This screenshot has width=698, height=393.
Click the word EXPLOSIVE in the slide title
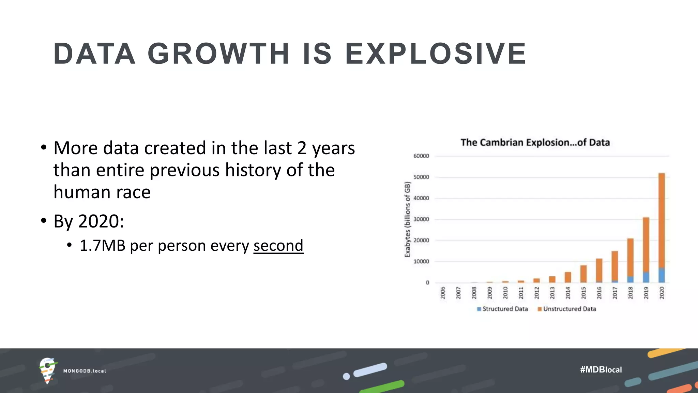pyautogui.click(x=436, y=54)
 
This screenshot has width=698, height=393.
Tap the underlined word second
pyautogui.click(x=278, y=246)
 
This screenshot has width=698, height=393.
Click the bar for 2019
pyautogui.click(x=646, y=249)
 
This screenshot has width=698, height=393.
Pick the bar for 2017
pyautogui.click(x=615, y=266)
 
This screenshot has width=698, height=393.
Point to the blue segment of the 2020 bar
pyautogui.click(x=662, y=275)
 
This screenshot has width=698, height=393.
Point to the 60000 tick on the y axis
pyautogui.click(x=421, y=156)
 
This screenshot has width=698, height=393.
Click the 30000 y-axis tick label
pyautogui.click(x=421, y=219)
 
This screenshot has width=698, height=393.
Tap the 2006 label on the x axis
pyautogui.click(x=443, y=293)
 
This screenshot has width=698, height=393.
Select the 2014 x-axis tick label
pyautogui.click(x=568, y=293)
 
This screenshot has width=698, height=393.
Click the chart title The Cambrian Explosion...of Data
pyautogui.click(x=535, y=142)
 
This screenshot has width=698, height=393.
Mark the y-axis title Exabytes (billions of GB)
pyautogui.click(x=407, y=219)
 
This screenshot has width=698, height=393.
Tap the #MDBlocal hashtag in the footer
pyautogui.click(x=601, y=369)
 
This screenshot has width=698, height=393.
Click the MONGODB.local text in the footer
pyautogui.click(x=85, y=371)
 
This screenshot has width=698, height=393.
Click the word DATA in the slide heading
pyautogui.click(x=94, y=54)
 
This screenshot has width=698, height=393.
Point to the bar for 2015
pyautogui.click(x=583, y=274)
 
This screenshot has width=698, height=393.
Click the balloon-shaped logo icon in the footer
pyautogui.click(x=47, y=370)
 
